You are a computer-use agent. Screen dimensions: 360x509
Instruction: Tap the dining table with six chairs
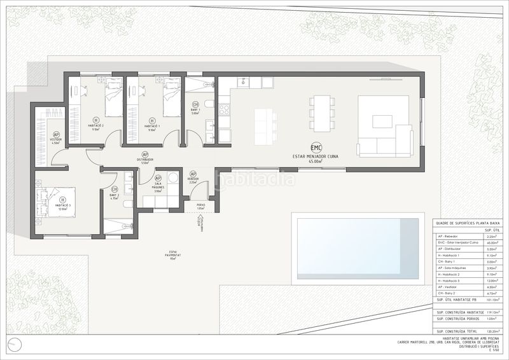321,113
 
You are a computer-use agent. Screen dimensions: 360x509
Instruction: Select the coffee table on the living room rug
382,121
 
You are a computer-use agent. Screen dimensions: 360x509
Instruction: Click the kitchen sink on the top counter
242,83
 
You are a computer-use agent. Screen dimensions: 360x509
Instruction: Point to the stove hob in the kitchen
225,109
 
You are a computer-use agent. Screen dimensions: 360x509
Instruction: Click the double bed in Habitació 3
57,202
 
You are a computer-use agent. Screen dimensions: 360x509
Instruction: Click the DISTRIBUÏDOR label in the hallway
144,160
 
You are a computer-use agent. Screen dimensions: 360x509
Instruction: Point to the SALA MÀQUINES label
158,186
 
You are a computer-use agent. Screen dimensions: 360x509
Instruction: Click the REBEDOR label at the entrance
193,179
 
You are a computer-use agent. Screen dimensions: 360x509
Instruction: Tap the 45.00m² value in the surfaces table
491,242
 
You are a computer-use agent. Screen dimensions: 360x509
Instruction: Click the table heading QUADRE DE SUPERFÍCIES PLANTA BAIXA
466,223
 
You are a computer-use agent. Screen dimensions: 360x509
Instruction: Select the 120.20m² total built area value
491,331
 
